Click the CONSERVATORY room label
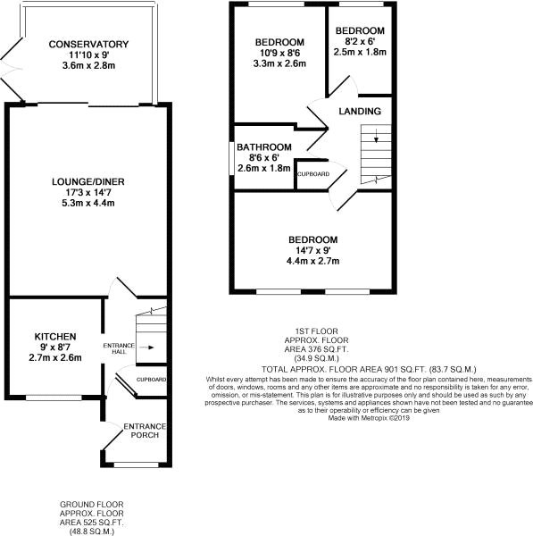(x=89, y=45)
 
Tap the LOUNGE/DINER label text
(x=87, y=182)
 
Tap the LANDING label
(x=361, y=112)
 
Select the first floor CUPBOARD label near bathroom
(x=312, y=173)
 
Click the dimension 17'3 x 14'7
(x=87, y=193)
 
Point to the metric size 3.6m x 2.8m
(x=89, y=66)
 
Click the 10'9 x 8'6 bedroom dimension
(x=279, y=54)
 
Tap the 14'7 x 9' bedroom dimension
(x=312, y=251)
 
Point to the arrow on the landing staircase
(x=375, y=138)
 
